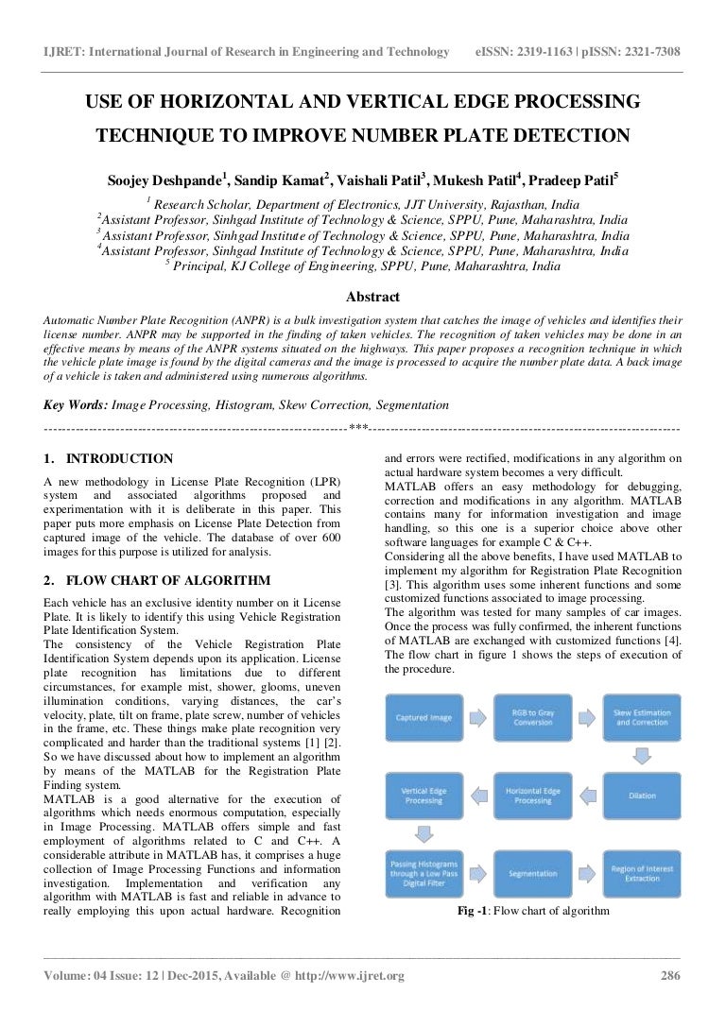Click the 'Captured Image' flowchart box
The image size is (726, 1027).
[x=423, y=717]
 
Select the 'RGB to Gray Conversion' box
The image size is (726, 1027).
[x=533, y=717]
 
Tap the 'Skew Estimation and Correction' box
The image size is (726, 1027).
[x=642, y=717]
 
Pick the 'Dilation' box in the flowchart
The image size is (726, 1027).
[x=642, y=796]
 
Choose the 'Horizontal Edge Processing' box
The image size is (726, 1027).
[x=533, y=796]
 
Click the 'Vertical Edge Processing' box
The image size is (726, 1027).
[x=423, y=796]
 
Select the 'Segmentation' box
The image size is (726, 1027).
[x=533, y=874]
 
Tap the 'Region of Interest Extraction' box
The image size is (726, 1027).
[x=642, y=874]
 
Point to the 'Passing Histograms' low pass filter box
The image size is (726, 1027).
[x=423, y=874]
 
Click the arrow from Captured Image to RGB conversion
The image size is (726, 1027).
[x=478, y=717]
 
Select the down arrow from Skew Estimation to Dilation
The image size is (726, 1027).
[x=642, y=756]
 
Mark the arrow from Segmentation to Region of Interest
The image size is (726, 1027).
[x=588, y=874]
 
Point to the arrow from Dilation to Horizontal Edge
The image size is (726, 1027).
[x=588, y=796]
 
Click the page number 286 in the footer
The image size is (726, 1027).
[x=670, y=976]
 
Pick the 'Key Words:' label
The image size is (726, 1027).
[x=76, y=404]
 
